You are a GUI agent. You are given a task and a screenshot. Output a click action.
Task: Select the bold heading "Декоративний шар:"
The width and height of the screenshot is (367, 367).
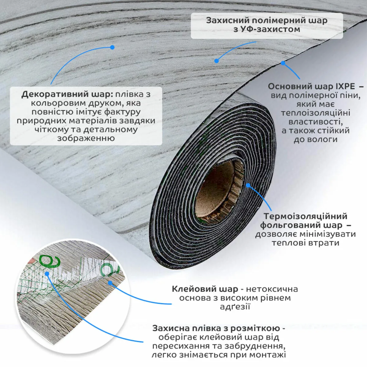[x=67, y=94]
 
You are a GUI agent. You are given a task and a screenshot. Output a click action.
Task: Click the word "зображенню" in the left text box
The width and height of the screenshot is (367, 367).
[x=86, y=138]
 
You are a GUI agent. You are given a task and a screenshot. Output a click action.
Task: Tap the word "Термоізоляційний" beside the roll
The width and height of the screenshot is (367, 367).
[x=305, y=216]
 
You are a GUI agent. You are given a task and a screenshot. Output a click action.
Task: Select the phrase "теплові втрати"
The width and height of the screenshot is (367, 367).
[x=306, y=243]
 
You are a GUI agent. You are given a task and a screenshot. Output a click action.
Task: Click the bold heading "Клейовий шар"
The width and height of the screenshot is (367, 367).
[x=205, y=289]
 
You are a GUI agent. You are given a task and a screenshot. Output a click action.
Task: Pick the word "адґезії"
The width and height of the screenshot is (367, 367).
[x=235, y=306]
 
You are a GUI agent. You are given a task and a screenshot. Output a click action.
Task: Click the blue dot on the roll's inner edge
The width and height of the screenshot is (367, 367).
[x=248, y=185]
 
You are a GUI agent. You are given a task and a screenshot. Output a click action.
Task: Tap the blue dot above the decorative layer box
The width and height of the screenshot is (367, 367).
[x=112, y=47]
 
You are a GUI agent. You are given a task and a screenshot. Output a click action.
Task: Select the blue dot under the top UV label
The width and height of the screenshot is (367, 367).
[x=217, y=61]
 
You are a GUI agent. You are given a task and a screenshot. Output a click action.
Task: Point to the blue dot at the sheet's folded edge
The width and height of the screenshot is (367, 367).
[x=283, y=63]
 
